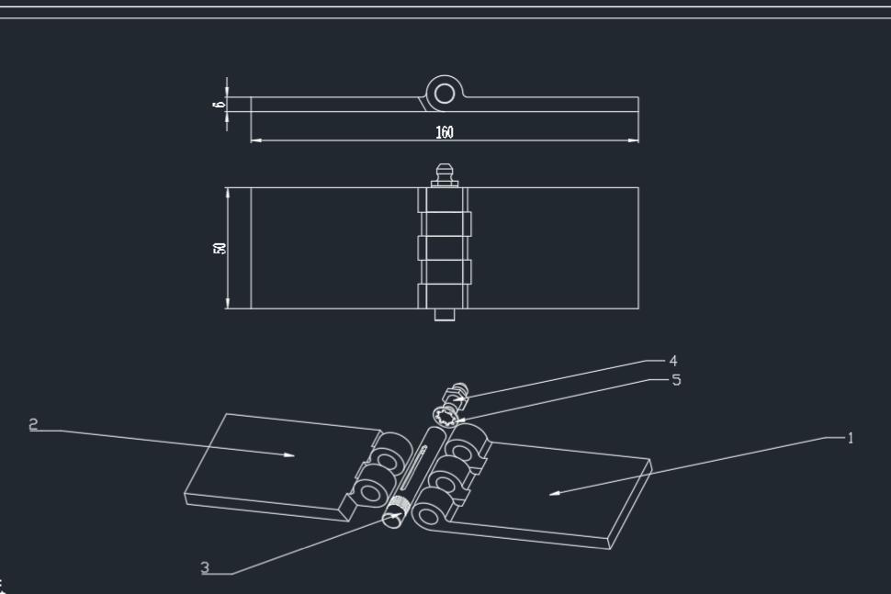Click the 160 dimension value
point(445,132)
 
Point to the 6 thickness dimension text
point(219,105)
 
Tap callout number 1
point(850,439)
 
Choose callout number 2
point(34,424)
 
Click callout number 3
point(205,568)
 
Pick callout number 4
point(673,361)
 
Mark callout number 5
point(677,379)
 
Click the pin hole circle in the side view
point(445,94)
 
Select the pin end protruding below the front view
point(445,314)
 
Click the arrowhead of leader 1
point(553,493)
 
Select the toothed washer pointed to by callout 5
point(450,418)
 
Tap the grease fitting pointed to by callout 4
point(457,396)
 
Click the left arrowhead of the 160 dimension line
point(255,140)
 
